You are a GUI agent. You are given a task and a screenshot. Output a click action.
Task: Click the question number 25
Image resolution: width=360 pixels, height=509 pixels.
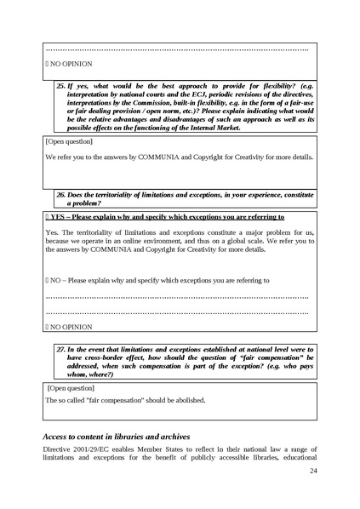[61, 87]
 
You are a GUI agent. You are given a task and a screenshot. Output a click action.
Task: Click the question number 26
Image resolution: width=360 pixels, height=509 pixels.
[61, 194]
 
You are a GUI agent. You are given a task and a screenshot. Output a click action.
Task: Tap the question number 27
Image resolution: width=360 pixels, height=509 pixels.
[61, 350]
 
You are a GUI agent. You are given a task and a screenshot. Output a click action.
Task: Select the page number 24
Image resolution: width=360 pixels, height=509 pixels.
[313, 471]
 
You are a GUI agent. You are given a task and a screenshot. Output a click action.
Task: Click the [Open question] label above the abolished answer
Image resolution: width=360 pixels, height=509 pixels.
[71, 386]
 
